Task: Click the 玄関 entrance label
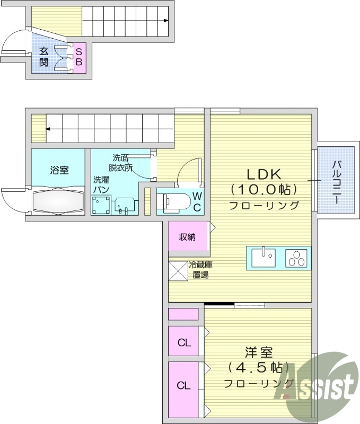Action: coord(44,60)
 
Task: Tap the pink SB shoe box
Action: coord(78,57)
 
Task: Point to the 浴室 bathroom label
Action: coord(59,170)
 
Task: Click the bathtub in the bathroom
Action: coord(58,201)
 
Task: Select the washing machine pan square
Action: coord(101,205)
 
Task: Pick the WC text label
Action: coord(197,201)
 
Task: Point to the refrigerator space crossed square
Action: coord(177,271)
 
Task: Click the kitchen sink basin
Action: coord(264,259)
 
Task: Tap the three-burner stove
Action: coord(297,259)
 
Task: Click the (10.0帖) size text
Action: coord(264,189)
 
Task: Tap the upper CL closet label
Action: coord(183,343)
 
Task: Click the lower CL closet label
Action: coord(183,385)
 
